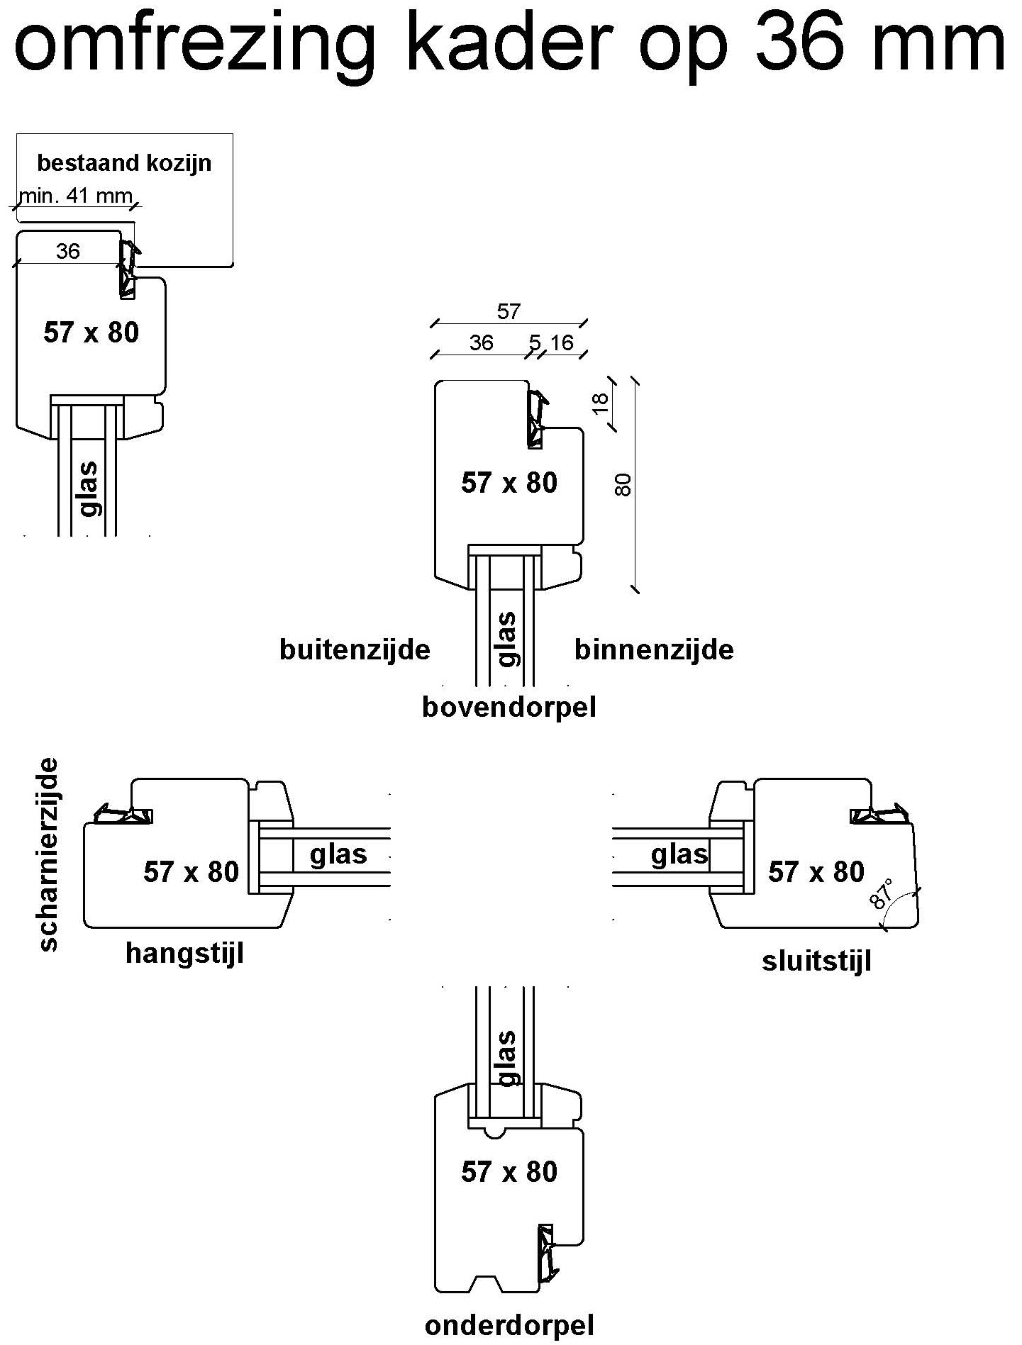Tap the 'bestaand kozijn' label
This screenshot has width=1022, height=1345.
point(124,163)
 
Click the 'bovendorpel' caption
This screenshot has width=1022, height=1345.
point(509,707)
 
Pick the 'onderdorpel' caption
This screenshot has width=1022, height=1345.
point(509,1325)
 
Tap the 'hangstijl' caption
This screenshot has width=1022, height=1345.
point(184,953)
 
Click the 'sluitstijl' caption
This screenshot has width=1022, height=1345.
point(816,961)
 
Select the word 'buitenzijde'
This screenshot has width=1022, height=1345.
point(355,649)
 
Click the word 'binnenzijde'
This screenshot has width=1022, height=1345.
point(654,649)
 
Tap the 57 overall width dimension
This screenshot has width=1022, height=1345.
point(509,311)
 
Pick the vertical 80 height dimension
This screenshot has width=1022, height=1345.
point(624,484)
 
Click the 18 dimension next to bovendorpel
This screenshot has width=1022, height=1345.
point(600,403)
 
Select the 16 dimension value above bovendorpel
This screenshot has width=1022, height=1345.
point(561,343)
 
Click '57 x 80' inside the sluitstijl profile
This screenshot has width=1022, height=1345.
point(816,871)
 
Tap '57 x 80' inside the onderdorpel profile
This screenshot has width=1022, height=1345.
point(509,1171)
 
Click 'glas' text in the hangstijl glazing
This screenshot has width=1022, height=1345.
point(338,854)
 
